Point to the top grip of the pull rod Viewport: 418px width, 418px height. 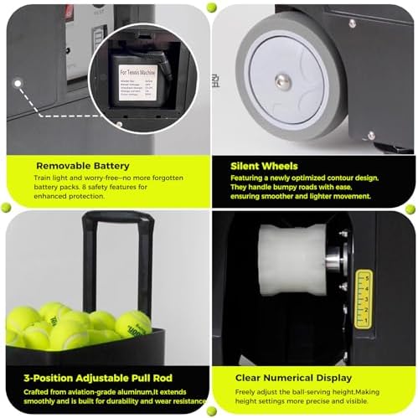(x=116, y=219)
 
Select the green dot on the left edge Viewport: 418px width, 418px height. (x=6, y=207)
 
